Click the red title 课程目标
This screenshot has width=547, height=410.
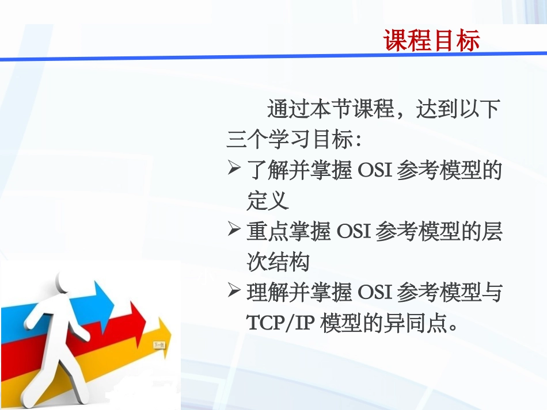point(432,41)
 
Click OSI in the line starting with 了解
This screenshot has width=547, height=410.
point(375,170)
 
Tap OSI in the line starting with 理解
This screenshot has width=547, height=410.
point(375,293)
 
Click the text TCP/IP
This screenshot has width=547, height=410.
point(279,324)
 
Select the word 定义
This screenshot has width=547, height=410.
point(267,201)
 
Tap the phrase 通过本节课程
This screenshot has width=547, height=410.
point(330,109)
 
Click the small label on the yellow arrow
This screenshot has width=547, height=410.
point(159,346)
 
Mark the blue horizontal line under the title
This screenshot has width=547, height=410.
point(273,57)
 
